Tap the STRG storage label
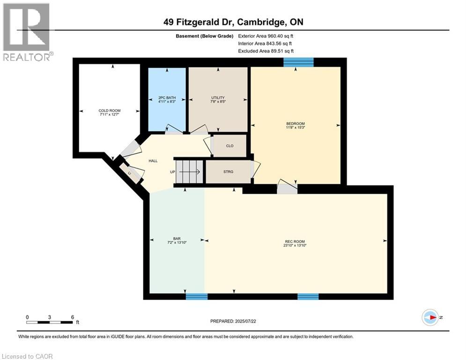[x=229, y=172]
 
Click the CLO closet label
[x=229, y=146]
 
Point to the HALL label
[x=153, y=161]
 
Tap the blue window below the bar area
[x=196, y=296]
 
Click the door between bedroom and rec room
[x=286, y=187]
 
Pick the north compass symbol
[x=430, y=317]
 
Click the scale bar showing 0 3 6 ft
[x=50, y=322]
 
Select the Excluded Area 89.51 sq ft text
[x=266, y=51]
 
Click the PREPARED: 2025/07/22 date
[x=233, y=321]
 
